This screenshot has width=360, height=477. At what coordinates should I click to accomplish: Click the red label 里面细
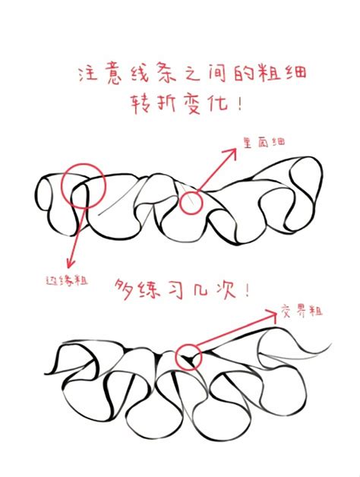(x=263, y=141)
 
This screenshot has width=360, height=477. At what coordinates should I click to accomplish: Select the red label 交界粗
(x=303, y=311)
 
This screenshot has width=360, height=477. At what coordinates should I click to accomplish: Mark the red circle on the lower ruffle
(x=188, y=357)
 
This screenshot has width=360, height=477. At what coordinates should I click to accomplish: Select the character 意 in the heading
(x=122, y=73)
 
